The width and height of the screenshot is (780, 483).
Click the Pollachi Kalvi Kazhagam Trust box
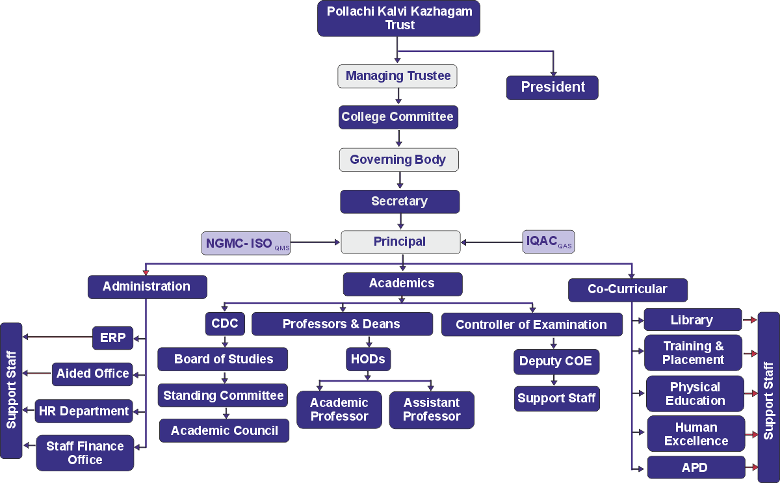[x=398, y=19]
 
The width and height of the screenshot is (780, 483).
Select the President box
[x=552, y=87]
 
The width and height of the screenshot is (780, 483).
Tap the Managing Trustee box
[x=398, y=76]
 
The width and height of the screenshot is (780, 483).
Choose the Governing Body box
[x=398, y=159]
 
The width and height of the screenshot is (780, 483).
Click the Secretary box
[x=399, y=202]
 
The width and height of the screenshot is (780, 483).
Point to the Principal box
[x=400, y=242]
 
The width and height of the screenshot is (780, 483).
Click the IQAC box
[x=549, y=242]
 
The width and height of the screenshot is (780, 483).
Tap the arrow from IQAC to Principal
[x=491, y=242]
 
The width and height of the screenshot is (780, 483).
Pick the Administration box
[x=147, y=287]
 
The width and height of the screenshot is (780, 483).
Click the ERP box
[x=112, y=337]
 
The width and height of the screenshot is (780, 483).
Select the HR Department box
[x=84, y=411]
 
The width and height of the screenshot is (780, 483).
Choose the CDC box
[x=225, y=324]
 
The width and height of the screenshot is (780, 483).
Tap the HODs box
[x=368, y=359]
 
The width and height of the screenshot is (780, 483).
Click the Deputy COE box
[x=556, y=361]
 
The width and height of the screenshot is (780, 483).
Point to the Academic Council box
[x=224, y=430]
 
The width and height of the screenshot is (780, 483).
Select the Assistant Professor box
[x=432, y=410]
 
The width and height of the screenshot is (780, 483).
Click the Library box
[x=692, y=320]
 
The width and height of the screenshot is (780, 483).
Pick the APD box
[x=695, y=467]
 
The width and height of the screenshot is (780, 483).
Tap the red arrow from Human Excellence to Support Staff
[x=751, y=434]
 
